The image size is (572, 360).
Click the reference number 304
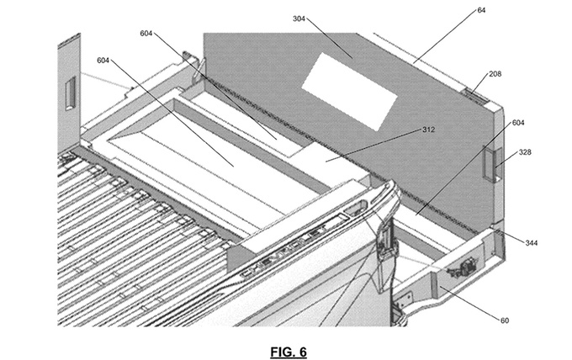[299, 18]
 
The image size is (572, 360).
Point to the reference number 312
[429, 130]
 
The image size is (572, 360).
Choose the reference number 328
[526, 152]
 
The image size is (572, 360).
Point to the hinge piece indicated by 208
[476, 96]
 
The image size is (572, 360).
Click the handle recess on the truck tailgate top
[356, 209]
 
